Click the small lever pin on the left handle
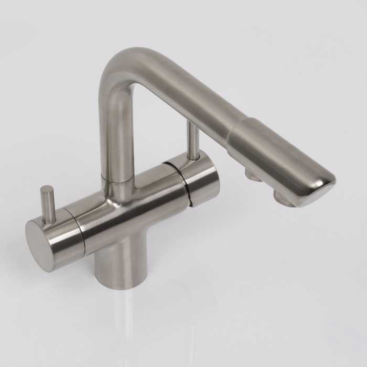pos(48,205)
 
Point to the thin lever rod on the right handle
pos(194,141)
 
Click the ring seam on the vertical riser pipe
pos(117,180)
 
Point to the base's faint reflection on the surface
pos(118,315)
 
